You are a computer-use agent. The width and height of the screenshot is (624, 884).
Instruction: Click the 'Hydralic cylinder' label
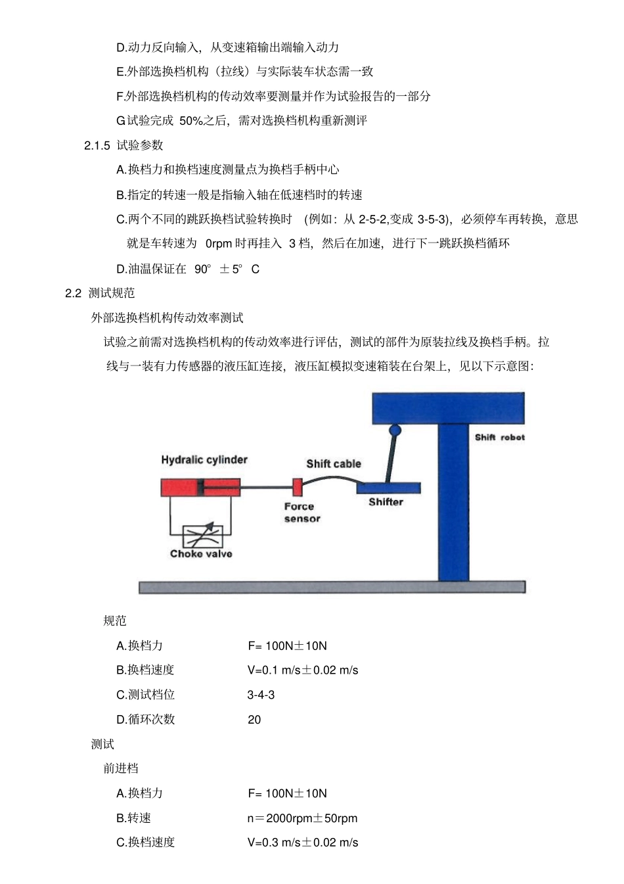point(204,459)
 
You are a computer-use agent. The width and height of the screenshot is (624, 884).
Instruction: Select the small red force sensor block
point(298,488)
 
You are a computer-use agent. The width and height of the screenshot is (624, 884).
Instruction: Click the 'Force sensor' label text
point(301,513)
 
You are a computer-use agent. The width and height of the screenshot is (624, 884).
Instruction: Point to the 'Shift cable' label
point(334,463)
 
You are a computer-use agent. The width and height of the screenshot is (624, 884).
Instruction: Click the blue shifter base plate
point(388,488)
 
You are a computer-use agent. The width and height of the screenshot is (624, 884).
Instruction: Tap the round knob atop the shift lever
point(395,430)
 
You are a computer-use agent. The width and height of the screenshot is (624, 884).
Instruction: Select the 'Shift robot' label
point(500,437)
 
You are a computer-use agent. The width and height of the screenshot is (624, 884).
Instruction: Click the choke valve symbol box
point(202,536)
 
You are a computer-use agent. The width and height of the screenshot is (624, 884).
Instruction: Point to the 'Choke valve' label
point(201,554)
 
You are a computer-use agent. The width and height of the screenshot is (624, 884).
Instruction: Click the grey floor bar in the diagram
point(332,586)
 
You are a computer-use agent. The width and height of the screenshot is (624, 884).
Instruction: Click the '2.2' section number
point(73,293)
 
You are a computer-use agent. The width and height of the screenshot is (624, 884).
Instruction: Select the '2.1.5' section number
point(97,145)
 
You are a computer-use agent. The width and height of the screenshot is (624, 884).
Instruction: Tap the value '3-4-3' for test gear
point(261,695)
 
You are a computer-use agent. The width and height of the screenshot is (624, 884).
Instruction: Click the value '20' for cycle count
point(254,720)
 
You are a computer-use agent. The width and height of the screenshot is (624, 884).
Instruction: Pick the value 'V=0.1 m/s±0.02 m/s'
point(303,670)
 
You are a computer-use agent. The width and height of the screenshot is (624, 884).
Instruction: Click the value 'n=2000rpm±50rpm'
point(302,818)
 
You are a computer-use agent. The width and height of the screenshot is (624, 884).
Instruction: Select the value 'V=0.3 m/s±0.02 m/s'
point(303,843)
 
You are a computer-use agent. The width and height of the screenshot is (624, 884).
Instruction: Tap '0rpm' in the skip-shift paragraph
point(219,244)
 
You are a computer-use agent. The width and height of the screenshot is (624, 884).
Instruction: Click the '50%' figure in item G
point(191,121)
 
